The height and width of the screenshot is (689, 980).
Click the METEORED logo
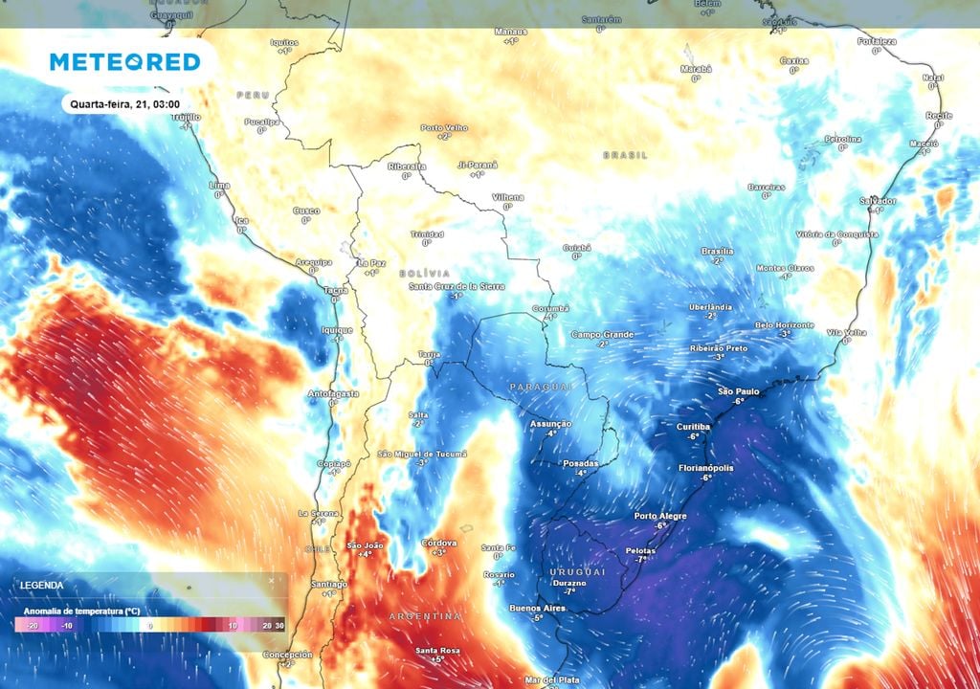pyautogui.click(x=124, y=62)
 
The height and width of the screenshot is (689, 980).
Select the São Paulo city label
pyautogui.click(x=738, y=391)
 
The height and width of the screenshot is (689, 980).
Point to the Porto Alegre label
pyautogui.click(x=660, y=516)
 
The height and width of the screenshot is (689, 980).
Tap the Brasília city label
pyautogui.click(x=717, y=251)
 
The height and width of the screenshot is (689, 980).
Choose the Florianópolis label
pyautogui.click(x=706, y=468)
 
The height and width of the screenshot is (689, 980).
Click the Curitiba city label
pyautogui.click(x=693, y=426)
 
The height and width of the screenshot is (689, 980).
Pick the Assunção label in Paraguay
pyautogui.click(x=550, y=423)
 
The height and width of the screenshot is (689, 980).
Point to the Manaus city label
pyautogui.click(x=510, y=31)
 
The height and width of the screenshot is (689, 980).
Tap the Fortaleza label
pyautogui.click(x=878, y=41)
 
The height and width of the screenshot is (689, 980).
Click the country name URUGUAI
pyautogui.click(x=578, y=571)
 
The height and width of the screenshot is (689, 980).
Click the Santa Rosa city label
pyautogui.click(x=437, y=651)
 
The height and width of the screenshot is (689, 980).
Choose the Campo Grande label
pyautogui.click(x=603, y=334)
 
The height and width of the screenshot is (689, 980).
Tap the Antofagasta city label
pyautogui.click(x=334, y=393)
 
